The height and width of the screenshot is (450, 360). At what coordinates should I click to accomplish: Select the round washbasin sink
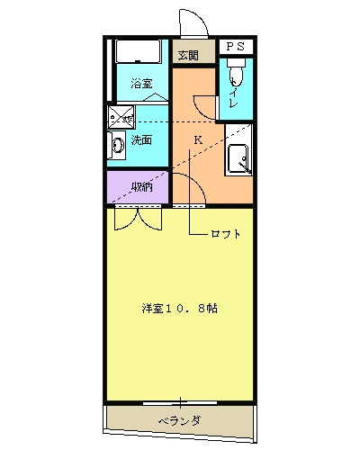point(117,145)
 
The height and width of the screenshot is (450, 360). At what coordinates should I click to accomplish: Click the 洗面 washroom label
point(140,140)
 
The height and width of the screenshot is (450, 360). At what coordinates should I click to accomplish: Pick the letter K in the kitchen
point(197,139)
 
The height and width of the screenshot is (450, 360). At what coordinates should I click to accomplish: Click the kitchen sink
point(238,158)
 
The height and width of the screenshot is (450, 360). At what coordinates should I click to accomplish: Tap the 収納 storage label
point(140,187)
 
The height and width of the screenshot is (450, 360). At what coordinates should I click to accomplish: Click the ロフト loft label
point(226,234)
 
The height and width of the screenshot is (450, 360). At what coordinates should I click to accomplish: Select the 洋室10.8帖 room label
point(178,308)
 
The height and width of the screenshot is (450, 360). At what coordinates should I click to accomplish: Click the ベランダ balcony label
point(179,420)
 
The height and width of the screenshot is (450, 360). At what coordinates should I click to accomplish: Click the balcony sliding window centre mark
point(180,400)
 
